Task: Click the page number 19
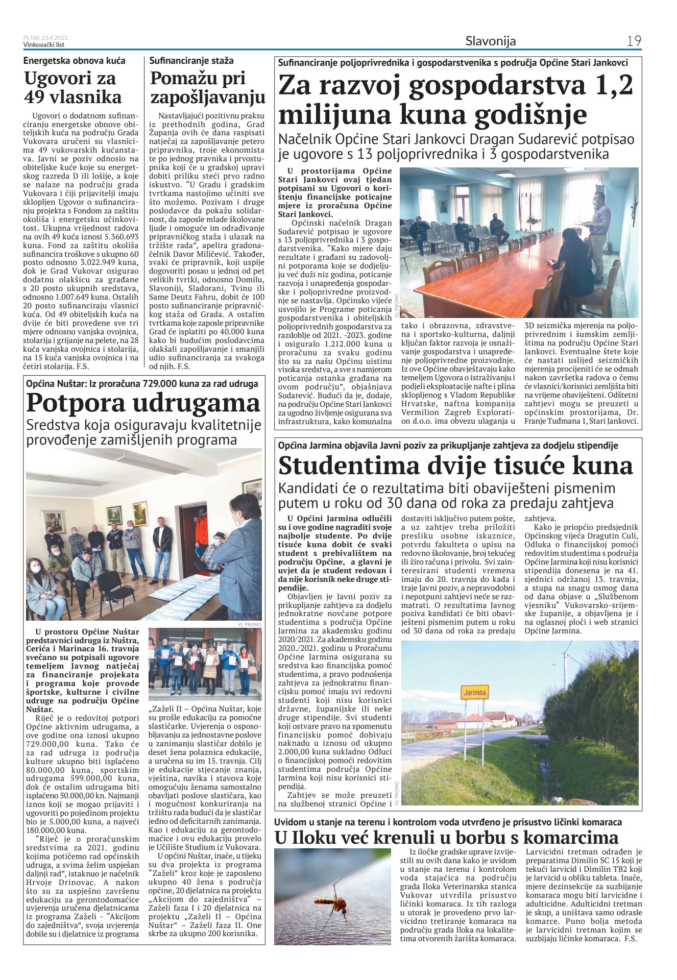pos(634,41)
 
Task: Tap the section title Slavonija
pos(490,41)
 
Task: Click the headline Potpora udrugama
pos(143,403)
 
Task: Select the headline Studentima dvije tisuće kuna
pos(455,465)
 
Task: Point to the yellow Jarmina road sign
pos(474,693)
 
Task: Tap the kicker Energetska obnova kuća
pos(75,61)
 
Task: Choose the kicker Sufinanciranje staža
pos(191,61)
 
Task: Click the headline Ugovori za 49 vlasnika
pos(72,88)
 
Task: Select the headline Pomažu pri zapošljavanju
pos(207,88)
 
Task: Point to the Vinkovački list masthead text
pos(44,45)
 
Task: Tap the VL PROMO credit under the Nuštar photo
pos(249,624)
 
